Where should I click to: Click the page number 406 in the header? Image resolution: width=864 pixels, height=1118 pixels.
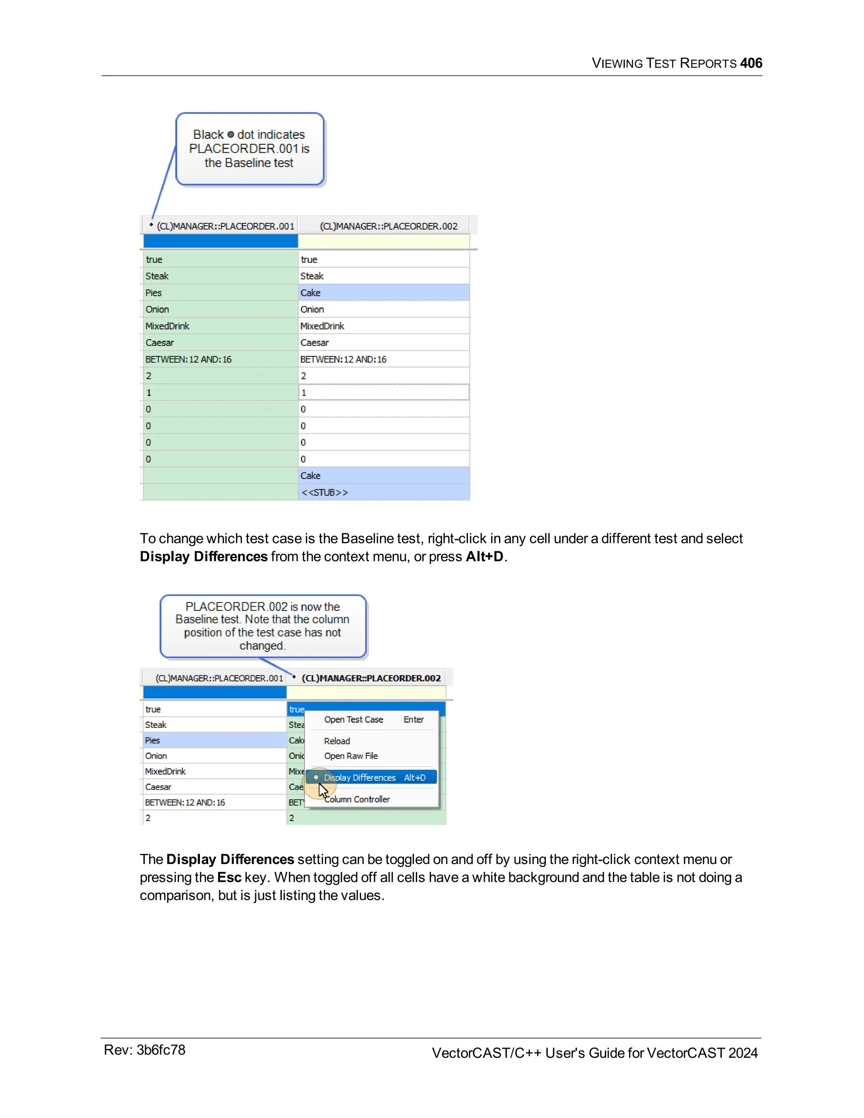[x=751, y=63]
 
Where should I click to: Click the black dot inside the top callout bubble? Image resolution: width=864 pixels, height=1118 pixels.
[x=230, y=135]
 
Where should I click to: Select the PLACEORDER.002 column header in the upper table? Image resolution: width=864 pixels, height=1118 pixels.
[x=389, y=226]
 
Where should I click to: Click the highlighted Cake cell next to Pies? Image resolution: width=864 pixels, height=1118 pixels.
[x=383, y=293]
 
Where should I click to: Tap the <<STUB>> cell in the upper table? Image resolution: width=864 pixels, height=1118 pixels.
[x=383, y=492]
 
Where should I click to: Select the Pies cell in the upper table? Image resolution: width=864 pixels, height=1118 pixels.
[x=220, y=293]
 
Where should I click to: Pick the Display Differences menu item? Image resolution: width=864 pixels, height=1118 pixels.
[x=360, y=778]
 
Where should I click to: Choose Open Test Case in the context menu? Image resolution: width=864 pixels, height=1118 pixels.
[x=353, y=719]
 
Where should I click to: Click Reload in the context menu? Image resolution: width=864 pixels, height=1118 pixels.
[x=337, y=741]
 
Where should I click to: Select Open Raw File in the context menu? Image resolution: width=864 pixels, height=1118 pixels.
[x=351, y=756]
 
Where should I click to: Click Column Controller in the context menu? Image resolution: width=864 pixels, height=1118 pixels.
[x=357, y=799]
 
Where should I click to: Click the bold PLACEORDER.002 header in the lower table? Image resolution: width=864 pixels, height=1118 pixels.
[x=371, y=678]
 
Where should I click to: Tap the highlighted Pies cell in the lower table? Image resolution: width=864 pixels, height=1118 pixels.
[x=214, y=740]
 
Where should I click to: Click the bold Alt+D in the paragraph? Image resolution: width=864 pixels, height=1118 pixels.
[x=484, y=556]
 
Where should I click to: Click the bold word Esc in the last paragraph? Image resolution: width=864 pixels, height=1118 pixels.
[x=229, y=878]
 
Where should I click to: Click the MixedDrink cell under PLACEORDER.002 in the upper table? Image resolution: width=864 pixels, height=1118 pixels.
[x=383, y=326]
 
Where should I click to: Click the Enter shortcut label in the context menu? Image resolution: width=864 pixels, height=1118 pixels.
[x=413, y=719]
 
